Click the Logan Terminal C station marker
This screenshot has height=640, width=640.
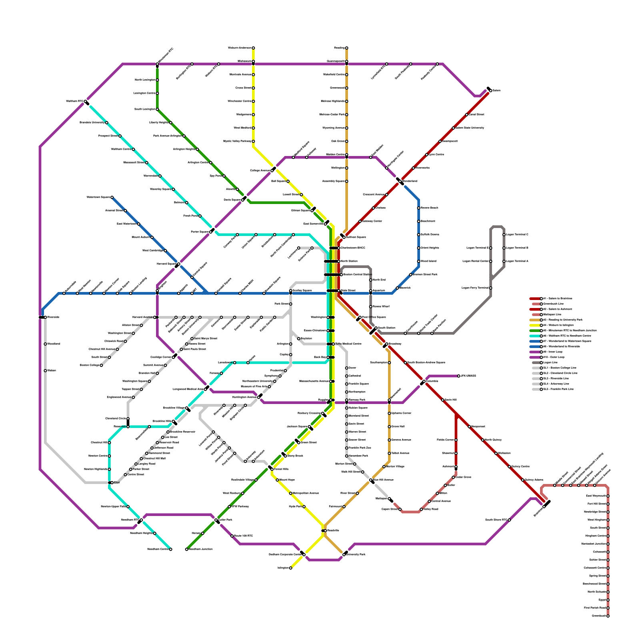pos(504,235)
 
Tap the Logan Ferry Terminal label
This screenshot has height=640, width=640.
pos(475,288)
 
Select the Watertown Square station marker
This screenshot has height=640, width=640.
pos(112,197)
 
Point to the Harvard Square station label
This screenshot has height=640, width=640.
pos(165,264)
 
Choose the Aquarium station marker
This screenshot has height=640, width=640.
pos(371,291)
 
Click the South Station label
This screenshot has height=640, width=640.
pos(386,328)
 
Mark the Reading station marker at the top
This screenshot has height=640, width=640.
pos(347,48)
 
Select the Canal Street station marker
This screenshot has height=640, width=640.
pos(467,115)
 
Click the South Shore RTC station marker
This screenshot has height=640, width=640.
pos(509,520)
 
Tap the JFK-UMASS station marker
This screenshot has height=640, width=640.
pos(459,376)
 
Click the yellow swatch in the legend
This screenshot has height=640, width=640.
pos(535,325)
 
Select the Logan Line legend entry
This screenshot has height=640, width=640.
pos(550,362)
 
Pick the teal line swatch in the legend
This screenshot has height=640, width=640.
pos(535,336)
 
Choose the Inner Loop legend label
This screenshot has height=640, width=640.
pos(552,352)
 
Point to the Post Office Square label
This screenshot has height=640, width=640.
pos(374,317)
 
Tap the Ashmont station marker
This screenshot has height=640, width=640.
pos(456,467)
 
